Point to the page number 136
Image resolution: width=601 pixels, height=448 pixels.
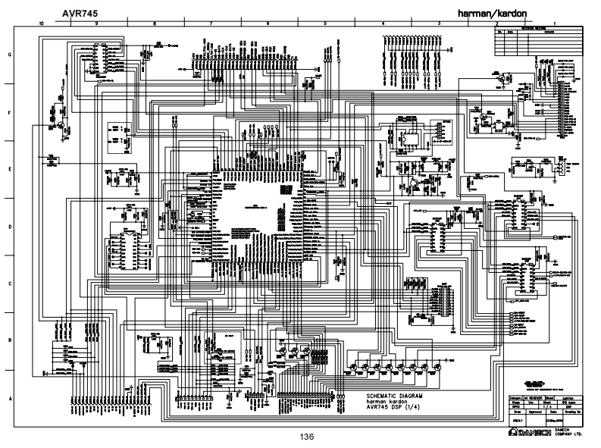(306, 437)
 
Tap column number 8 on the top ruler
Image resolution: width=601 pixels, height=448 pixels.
(154, 24)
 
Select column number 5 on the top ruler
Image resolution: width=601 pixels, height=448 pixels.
(324, 24)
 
